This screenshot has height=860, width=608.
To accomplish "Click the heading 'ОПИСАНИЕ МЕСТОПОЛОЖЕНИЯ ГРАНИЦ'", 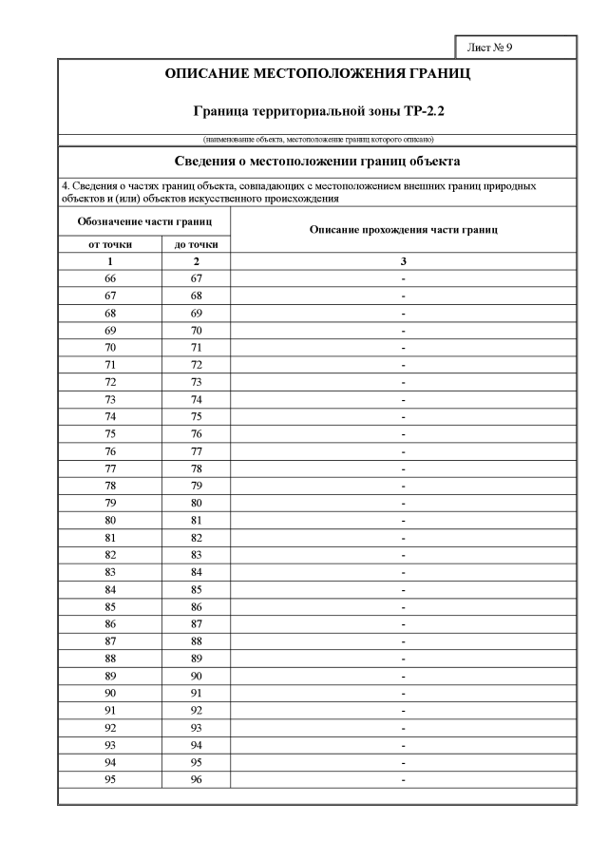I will [x=318, y=73].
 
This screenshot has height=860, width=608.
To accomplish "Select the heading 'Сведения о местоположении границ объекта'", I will [x=318, y=161].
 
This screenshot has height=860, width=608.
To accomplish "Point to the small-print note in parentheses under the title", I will [x=318, y=140].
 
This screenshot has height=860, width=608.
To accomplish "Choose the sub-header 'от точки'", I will [x=110, y=244].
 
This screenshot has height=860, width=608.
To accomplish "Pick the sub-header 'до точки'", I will [x=196, y=244].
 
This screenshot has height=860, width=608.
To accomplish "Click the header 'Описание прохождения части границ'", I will [x=404, y=231].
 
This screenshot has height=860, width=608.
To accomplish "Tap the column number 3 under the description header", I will [x=404, y=260].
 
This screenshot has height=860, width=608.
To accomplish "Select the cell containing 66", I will [x=110, y=278].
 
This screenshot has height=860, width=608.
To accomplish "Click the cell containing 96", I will [x=196, y=779].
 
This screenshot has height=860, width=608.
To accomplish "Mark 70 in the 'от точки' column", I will [x=110, y=348].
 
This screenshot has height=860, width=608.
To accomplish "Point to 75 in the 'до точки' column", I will [x=196, y=417].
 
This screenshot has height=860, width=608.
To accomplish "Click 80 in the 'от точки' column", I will [x=110, y=521].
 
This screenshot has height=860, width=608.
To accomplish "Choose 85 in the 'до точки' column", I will [x=196, y=589].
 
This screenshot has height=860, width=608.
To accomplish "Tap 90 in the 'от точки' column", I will [x=110, y=693].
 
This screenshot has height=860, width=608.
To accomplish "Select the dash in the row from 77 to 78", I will [x=404, y=468].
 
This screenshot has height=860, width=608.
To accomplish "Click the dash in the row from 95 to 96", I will [x=404, y=779].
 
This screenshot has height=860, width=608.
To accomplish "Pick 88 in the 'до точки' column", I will [x=196, y=641].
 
